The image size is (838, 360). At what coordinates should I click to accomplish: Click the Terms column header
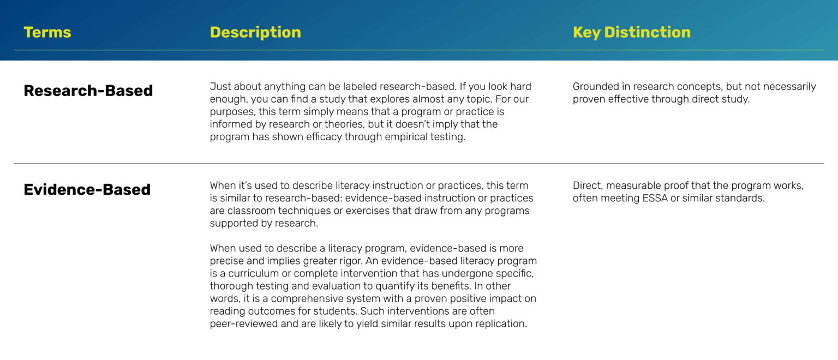coord(47,32)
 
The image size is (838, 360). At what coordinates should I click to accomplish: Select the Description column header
coord(255,32)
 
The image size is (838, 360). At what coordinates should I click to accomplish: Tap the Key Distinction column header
coord(631,32)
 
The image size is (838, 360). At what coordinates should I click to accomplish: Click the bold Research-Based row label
coord(88,91)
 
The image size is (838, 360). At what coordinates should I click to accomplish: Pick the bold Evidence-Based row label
coord(87,190)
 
